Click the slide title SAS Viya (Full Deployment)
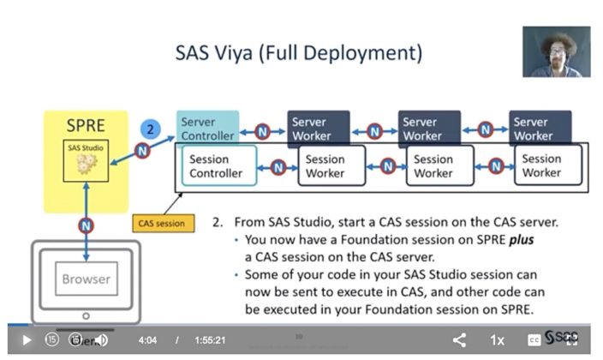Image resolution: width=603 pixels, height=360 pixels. [299, 53]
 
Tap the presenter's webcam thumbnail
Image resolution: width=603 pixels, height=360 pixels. [556, 51]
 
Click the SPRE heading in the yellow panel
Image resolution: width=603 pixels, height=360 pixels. [86, 126]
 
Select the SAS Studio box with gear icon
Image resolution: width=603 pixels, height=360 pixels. [86, 160]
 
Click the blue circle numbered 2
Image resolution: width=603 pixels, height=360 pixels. [150, 129]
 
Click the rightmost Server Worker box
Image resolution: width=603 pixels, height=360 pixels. [540, 128]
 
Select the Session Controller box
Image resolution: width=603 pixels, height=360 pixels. [218, 165]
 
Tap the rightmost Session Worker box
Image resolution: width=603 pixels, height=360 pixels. [541, 165]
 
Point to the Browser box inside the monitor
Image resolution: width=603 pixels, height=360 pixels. [86, 279]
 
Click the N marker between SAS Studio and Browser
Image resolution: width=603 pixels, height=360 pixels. [86, 226]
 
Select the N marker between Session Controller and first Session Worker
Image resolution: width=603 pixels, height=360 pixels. [278, 166]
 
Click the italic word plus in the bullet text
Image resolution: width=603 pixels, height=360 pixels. [520, 240]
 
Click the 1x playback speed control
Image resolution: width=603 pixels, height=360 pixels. [497, 340]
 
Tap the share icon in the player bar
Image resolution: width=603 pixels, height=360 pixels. [459, 340]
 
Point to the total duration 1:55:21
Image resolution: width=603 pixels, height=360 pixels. [210, 340]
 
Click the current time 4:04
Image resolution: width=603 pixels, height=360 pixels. [147, 340]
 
